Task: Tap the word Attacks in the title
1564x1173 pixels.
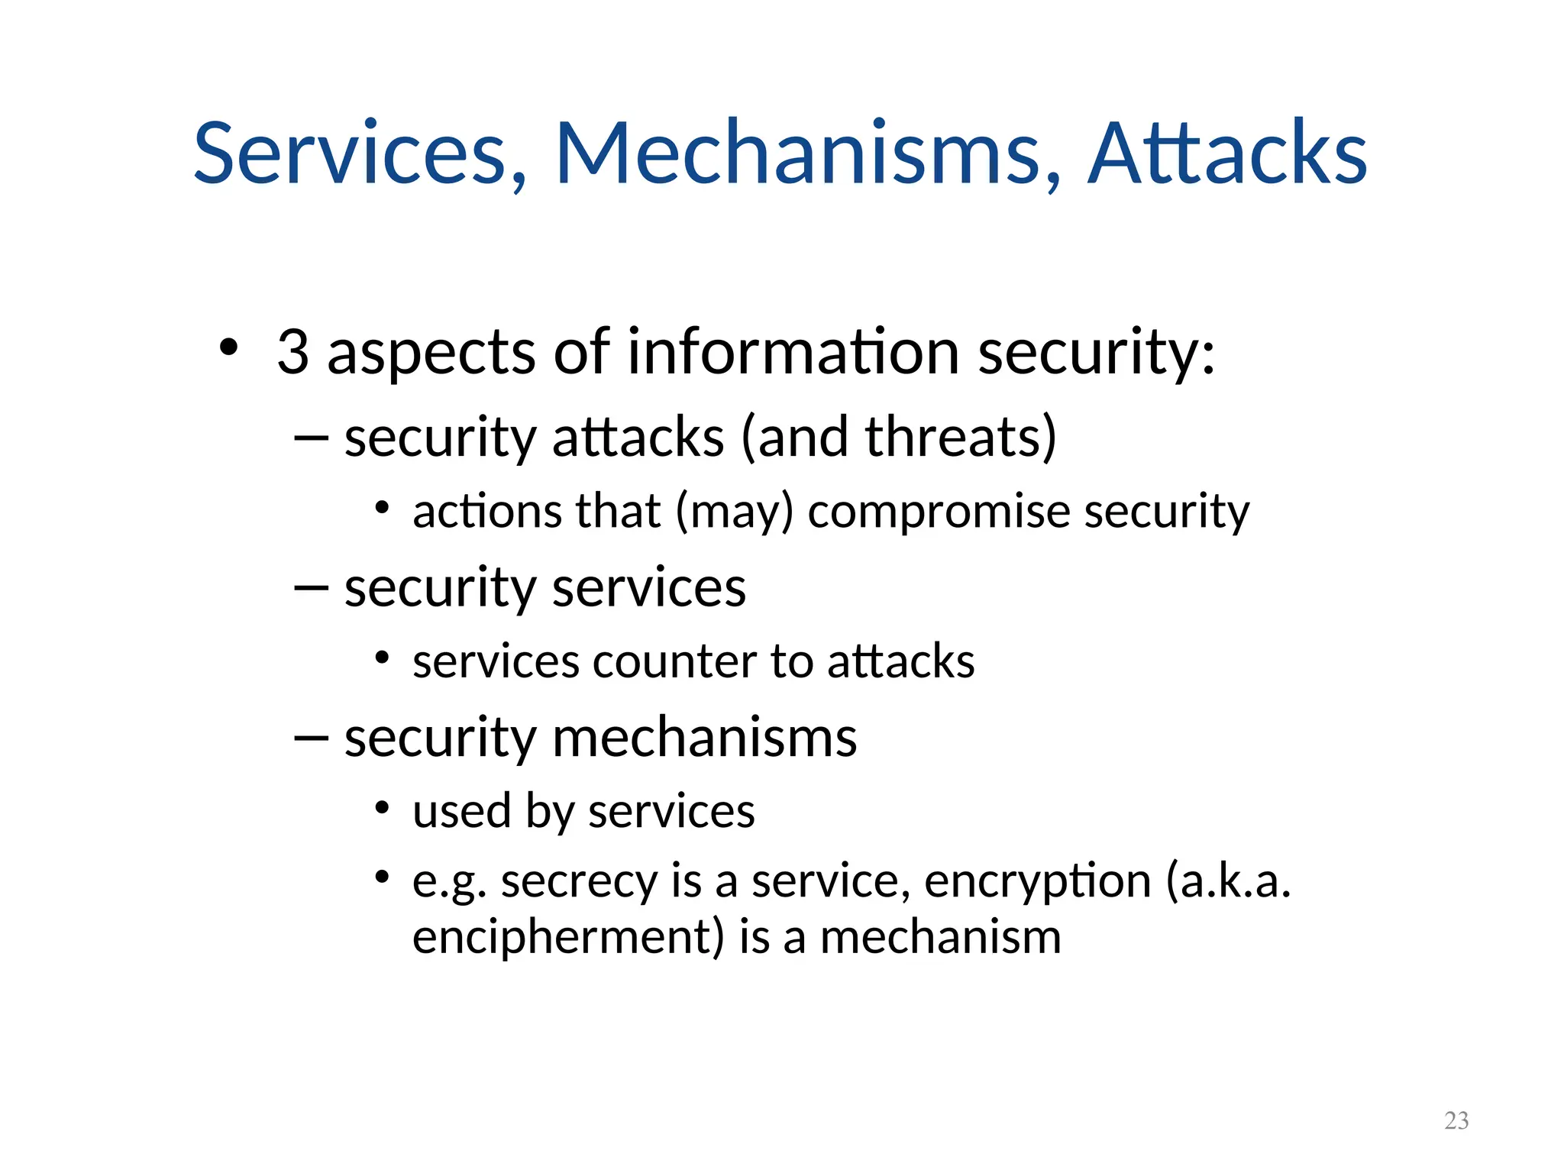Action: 1226,153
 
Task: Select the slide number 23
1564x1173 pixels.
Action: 1456,1120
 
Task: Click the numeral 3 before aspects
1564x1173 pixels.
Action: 292,352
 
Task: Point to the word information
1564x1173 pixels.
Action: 793,352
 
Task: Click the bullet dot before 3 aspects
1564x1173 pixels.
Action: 228,347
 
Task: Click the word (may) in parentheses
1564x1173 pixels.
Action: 735,512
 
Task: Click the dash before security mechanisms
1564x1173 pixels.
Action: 311,738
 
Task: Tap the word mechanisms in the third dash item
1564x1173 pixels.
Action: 704,738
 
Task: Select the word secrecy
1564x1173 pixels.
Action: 579,881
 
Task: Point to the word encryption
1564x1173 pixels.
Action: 1037,881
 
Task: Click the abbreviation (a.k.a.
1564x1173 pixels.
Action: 1228,881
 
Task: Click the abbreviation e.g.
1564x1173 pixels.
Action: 449,883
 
